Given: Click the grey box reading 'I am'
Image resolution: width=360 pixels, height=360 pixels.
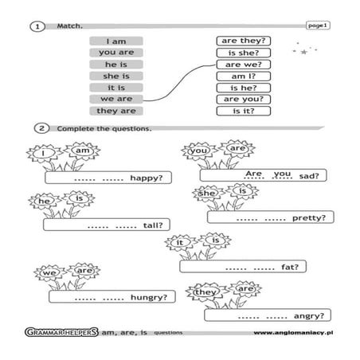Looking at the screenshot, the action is [116, 41].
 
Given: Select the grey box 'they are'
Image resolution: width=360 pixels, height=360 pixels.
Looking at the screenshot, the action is [116, 111].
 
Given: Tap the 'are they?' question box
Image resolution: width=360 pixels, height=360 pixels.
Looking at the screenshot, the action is [244, 41].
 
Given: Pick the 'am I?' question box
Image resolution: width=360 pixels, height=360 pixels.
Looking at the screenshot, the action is [244, 76].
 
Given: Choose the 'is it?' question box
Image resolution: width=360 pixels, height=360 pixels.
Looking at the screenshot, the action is [244, 111].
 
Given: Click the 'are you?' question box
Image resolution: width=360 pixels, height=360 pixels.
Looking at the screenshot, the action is [244, 100].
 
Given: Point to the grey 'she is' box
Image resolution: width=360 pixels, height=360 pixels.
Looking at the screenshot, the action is [116, 76].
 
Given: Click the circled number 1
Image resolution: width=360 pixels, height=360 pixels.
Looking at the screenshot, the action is [37, 26].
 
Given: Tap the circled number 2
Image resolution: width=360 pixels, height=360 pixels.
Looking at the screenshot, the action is [41, 128].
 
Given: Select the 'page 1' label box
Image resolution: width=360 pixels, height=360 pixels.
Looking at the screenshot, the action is [318, 25].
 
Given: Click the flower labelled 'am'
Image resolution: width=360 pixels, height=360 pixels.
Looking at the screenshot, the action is [82, 151].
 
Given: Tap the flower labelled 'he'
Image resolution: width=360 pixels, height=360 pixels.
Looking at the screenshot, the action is [45, 201].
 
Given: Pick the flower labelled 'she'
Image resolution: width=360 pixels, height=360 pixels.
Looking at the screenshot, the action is [208, 193].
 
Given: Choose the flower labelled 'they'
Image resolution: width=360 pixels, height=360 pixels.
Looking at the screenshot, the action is [205, 292].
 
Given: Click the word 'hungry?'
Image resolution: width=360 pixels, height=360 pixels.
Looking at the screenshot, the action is [149, 298].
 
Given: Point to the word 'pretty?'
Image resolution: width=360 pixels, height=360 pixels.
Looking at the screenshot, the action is [309, 218].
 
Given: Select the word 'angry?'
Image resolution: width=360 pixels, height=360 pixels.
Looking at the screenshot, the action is [309, 316].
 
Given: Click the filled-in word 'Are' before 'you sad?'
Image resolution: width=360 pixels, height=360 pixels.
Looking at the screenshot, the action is [254, 174].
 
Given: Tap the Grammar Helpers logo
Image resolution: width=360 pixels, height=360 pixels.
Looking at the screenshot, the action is [61, 332].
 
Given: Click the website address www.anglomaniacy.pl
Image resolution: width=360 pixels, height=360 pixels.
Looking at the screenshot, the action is [293, 333].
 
